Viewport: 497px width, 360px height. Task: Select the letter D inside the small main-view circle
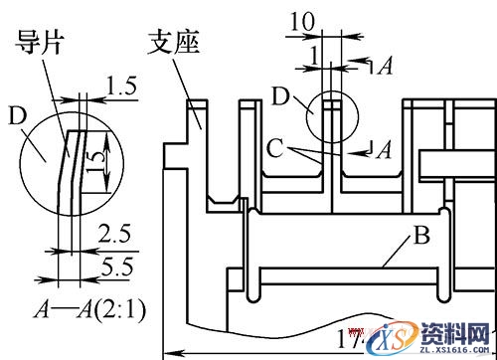pos(279,97)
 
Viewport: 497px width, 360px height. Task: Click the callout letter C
pos(275,150)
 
